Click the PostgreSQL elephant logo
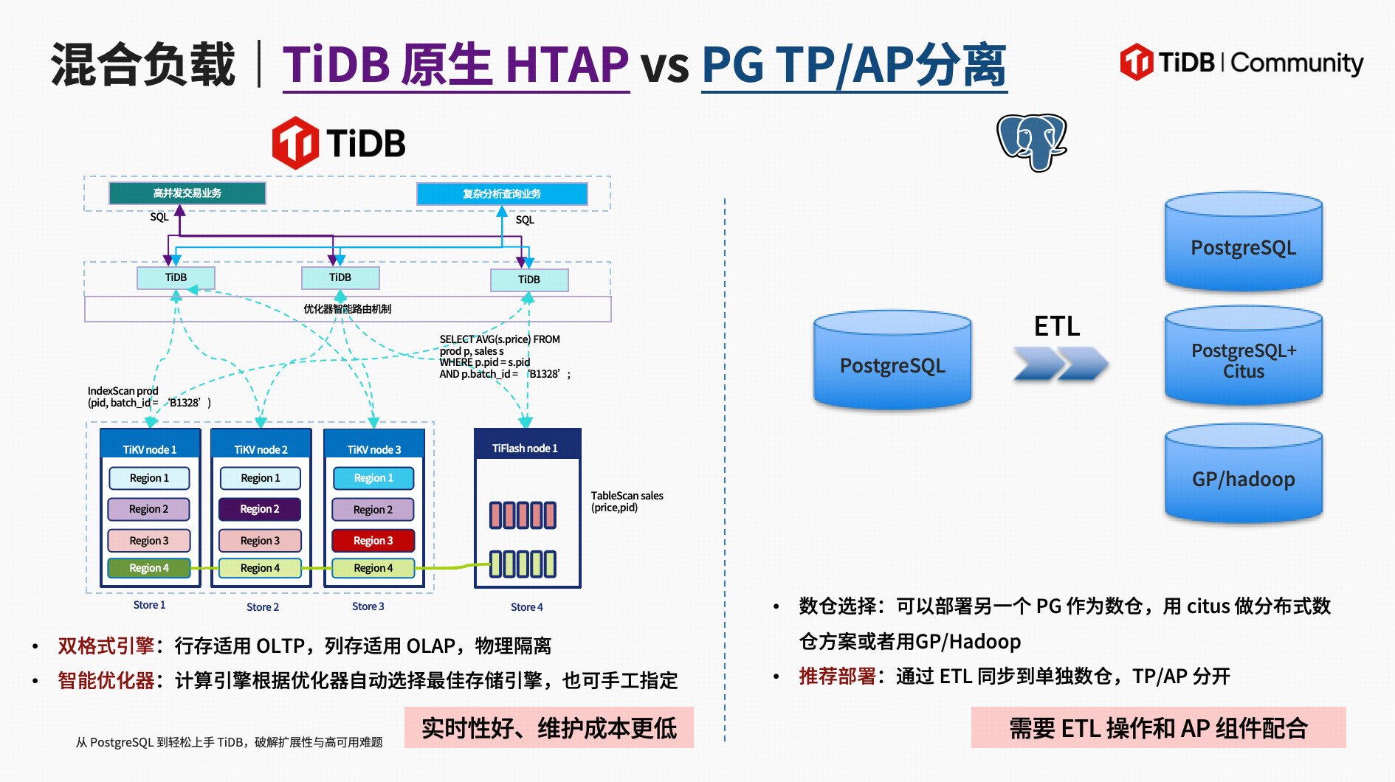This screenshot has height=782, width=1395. point(1031,142)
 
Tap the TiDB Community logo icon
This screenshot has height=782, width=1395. point(1136,62)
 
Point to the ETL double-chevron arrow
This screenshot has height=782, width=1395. point(1060,363)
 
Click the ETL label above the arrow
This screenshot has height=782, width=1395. point(1056,325)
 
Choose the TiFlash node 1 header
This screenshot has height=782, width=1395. point(526,448)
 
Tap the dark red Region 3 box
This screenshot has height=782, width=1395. point(373,540)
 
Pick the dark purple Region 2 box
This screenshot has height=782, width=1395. point(259,509)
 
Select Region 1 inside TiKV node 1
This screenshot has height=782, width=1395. point(149,478)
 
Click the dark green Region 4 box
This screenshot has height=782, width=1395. point(149,568)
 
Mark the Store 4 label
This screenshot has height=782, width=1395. point(526,606)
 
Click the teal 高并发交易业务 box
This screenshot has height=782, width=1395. point(187,193)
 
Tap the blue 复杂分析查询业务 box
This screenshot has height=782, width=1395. point(502,194)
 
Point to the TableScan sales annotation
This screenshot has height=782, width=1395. point(627,502)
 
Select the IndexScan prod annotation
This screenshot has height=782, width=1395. point(148,397)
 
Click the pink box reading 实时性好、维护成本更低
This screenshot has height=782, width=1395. point(548,728)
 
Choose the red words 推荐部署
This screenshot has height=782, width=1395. point(837,676)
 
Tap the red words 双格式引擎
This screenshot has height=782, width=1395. point(106,646)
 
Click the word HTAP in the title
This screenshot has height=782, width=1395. point(567,65)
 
